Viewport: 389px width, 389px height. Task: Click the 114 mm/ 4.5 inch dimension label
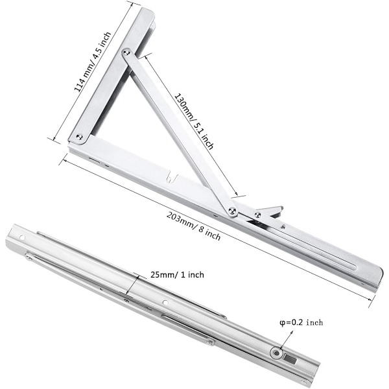point(93,62)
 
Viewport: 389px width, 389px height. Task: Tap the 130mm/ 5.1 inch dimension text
point(194,122)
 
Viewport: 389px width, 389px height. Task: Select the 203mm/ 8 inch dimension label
point(193,226)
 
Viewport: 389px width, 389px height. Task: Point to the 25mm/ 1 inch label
point(177,275)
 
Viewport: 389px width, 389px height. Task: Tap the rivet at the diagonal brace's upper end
point(126,53)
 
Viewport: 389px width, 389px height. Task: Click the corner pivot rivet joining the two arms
point(79,136)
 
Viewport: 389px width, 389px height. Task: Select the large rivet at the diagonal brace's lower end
point(232,211)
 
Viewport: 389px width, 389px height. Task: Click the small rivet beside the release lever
point(257,215)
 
